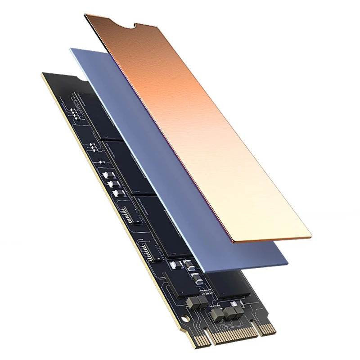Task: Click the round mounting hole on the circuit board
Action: tap(184, 319)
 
